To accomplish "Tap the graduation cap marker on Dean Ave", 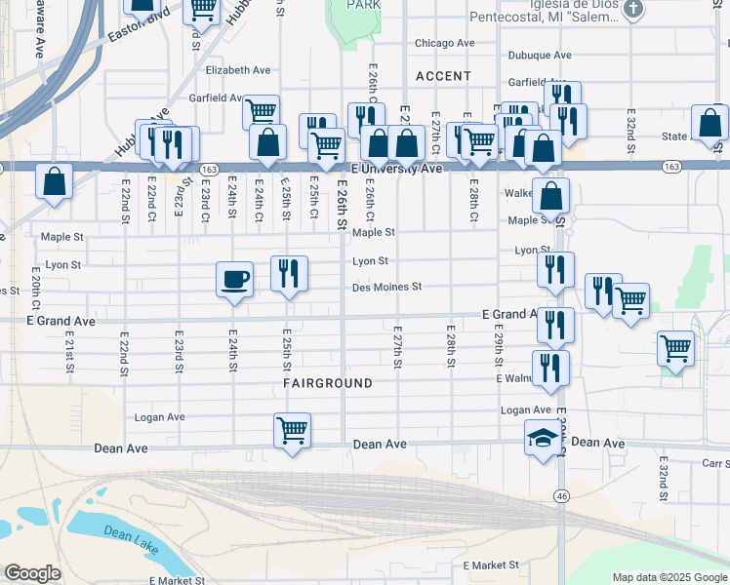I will pos(544,439).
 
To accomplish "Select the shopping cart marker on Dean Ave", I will pos(293,430).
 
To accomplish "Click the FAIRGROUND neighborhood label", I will pos(328,383).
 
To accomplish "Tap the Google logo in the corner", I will pos(32,573).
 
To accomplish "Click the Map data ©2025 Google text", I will pos(669,577).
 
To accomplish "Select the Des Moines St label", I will pos(386,287).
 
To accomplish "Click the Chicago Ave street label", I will pos(444,43).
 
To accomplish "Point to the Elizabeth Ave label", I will pos(238,70).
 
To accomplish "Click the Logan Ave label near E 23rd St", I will pos(160,416).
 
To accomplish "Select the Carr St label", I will pos(714,464).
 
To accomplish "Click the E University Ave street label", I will pos(397,169).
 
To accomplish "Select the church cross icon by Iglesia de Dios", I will pos(633,10).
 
